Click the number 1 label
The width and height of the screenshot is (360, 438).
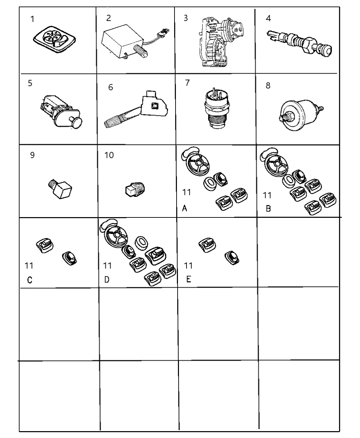[32, 19]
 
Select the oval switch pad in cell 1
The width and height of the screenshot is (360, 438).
[54, 39]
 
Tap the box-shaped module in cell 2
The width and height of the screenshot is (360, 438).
[122, 41]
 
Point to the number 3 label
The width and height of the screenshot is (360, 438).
[186, 18]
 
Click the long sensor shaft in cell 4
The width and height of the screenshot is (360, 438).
[299, 44]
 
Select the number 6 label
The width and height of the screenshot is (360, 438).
[111, 87]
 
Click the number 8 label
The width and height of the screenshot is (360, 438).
[268, 85]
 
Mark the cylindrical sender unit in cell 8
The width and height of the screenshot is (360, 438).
[301, 115]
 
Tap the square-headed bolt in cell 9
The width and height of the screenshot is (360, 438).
[60, 189]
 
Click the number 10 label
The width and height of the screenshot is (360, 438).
[109, 155]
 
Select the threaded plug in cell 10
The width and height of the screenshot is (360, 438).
[135, 189]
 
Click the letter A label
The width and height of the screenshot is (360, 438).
[184, 208]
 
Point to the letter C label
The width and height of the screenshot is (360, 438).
[30, 280]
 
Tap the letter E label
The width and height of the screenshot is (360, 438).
[189, 279]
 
